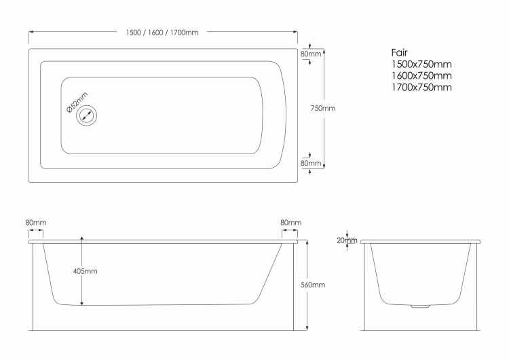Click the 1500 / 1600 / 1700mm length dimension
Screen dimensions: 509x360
(162, 33)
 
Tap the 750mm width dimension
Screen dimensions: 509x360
(322, 108)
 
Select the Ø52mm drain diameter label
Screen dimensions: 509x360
(77, 103)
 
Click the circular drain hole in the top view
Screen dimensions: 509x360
(87, 115)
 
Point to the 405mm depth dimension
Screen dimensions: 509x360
(85, 271)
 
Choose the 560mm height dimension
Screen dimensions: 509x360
(313, 285)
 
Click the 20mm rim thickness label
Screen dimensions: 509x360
(347, 240)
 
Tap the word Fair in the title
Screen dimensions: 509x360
(399, 52)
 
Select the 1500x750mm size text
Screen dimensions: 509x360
(421, 65)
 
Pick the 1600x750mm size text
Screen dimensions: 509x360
(421, 75)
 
